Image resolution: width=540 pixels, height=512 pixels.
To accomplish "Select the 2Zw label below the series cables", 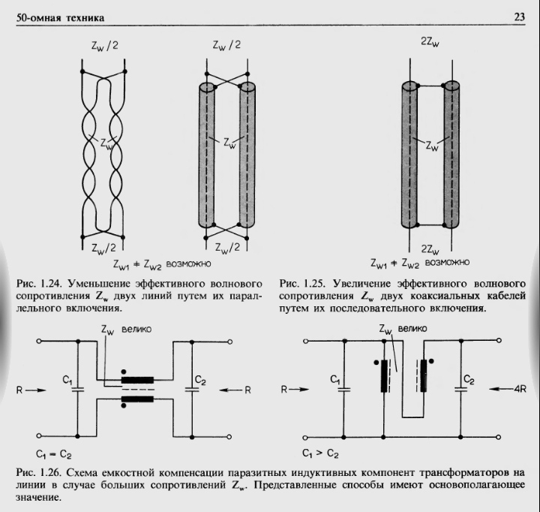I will pos(430,248).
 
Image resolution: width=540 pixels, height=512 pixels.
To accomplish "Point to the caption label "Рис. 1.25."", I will pos(301,285).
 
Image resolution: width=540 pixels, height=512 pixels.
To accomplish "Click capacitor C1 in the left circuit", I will pos(77,388).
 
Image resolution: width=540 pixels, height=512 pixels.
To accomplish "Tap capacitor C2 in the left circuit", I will pos(193,388).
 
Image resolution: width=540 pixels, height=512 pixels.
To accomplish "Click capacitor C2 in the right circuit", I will pos(460,389).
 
